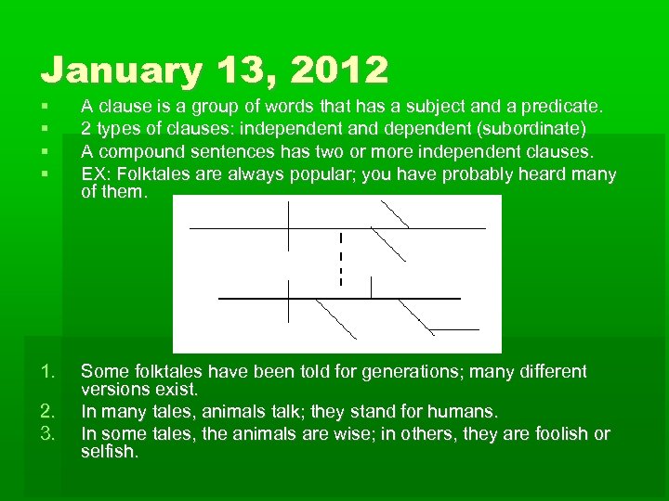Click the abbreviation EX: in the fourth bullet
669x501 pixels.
coord(96,173)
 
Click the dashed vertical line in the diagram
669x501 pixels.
coord(341,259)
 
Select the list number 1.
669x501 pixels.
coord(48,372)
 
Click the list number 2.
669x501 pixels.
coord(48,411)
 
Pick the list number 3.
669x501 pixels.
coord(48,433)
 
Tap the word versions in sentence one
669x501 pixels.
coord(113,391)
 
